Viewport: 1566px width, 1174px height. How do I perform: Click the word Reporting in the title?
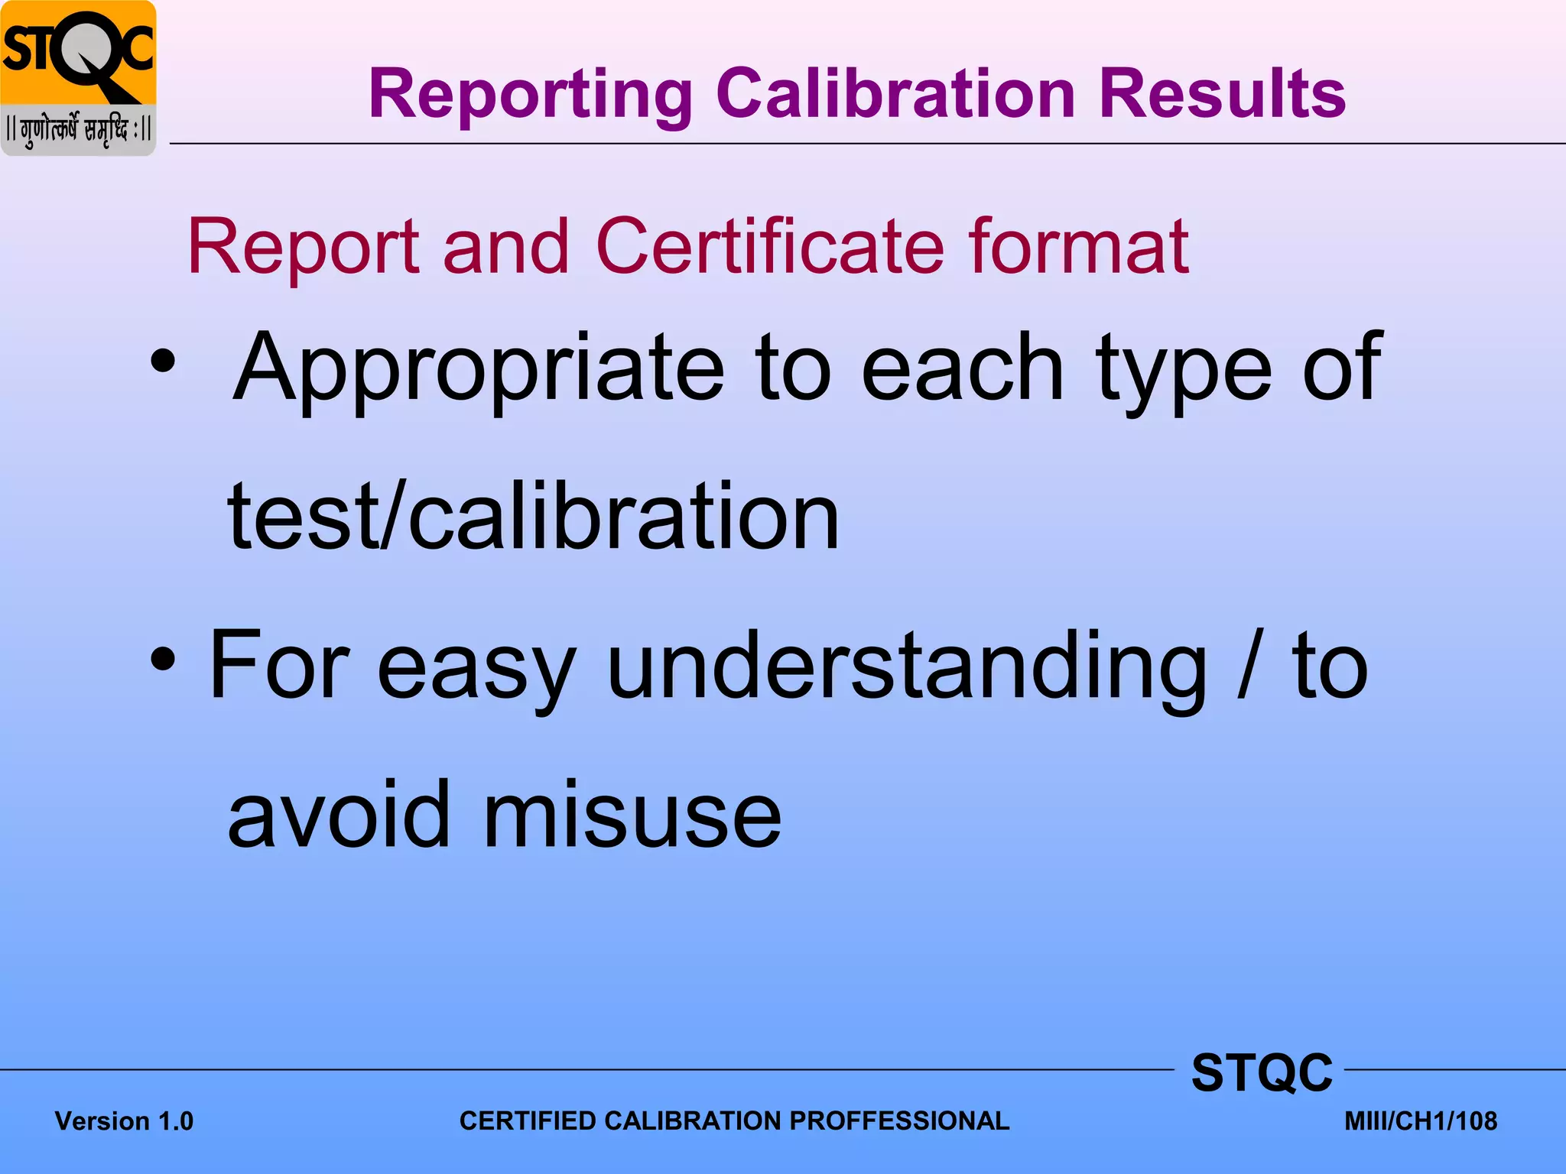pos(531,94)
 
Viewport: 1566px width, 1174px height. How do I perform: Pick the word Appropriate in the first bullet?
pos(479,368)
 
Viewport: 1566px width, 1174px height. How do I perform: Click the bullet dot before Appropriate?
pos(163,361)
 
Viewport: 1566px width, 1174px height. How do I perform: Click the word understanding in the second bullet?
pos(907,666)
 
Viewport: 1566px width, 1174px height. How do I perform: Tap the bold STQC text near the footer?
pos(1262,1073)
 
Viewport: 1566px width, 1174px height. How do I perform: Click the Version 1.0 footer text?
pos(124,1121)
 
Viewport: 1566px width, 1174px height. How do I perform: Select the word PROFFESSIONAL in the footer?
pos(899,1120)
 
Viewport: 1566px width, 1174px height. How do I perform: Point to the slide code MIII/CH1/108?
pos(1421,1121)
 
